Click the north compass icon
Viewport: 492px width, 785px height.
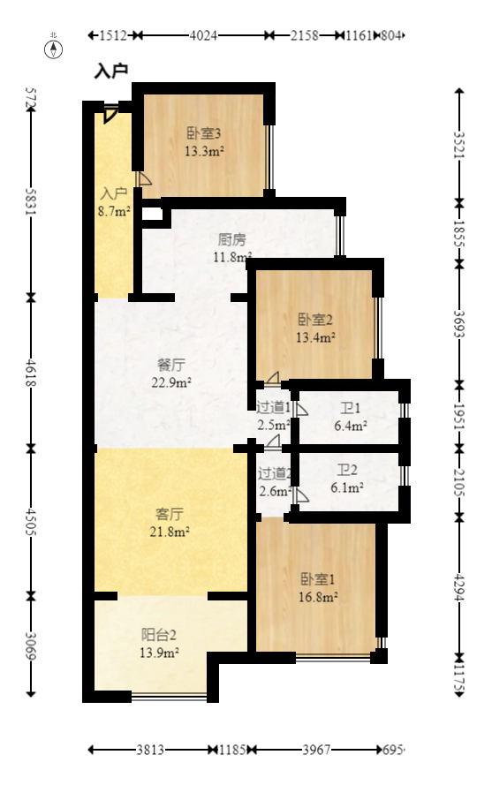tap(54, 49)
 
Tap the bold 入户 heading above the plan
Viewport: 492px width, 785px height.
tap(110, 72)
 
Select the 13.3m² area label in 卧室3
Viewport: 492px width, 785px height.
tap(204, 151)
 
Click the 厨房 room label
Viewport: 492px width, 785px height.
tap(232, 240)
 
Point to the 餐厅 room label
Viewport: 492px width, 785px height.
tap(171, 365)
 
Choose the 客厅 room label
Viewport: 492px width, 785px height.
tap(170, 514)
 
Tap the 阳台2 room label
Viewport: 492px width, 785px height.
tap(159, 635)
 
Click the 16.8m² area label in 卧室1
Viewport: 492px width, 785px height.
tap(318, 597)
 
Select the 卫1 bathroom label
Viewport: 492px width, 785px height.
tap(351, 408)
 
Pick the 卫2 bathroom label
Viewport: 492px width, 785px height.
tap(347, 470)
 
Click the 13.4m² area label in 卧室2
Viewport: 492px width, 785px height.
tap(315, 337)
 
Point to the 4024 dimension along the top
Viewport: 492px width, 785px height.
tap(203, 35)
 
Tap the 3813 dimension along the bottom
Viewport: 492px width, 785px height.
tap(150, 750)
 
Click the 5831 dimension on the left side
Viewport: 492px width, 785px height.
tap(31, 201)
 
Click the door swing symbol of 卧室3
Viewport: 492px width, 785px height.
tap(145, 178)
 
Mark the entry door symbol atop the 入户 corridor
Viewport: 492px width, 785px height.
tap(110, 115)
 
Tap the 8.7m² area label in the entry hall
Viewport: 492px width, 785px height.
tap(114, 211)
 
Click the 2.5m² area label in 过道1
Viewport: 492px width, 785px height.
tap(274, 426)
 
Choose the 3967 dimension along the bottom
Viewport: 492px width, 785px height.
tap(316, 750)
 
